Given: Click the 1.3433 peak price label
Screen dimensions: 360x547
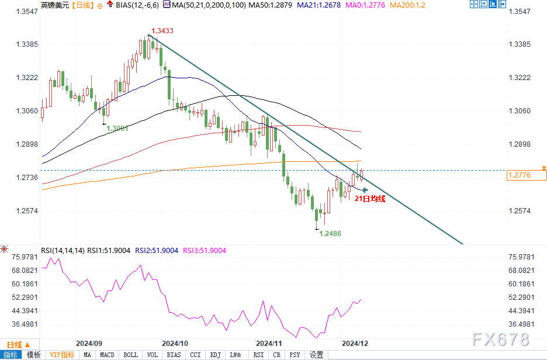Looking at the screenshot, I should [x=162, y=30].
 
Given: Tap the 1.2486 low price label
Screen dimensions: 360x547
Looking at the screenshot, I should [x=330, y=233].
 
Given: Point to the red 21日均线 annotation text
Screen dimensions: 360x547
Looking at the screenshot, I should [x=371, y=199].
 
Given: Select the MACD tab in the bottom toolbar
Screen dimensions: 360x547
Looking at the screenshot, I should [x=107, y=355].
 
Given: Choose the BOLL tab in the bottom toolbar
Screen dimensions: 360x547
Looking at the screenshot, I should [x=131, y=355].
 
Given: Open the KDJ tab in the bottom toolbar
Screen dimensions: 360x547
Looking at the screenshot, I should [x=215, y=355].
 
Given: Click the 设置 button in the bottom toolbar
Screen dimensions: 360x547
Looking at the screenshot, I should [x=317, y=355].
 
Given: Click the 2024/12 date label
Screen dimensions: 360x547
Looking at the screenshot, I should [x=354, y=343].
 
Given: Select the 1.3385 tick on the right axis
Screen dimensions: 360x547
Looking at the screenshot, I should [x=520, y=44].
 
